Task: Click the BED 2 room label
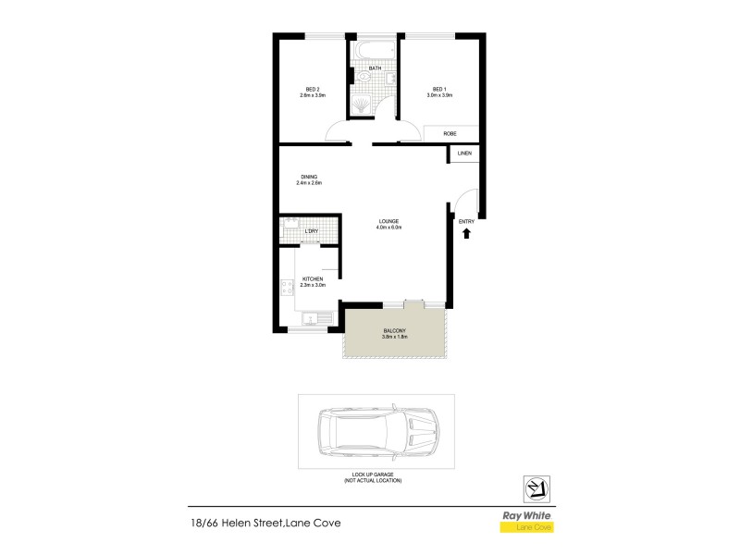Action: tap(312, 90)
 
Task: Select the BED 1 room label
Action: tap(439, 90)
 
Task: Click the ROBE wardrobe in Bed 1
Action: tap(450, 134)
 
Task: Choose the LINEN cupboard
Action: tap(464, 154)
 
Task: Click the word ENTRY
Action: tap(466, 221)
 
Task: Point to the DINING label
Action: tap(310, 177)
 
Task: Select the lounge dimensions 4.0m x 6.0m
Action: tap(388, 228)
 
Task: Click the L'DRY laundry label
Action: tap(312, 231)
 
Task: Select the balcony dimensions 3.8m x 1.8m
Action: tap(394, 337)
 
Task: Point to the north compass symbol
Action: tap(534, 487)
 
